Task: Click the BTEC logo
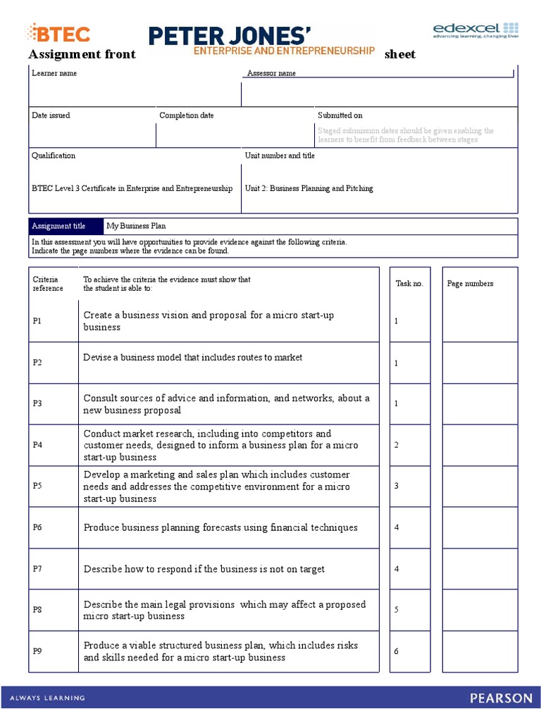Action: pyautogui.click(x=58, y=32)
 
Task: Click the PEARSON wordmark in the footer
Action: pyautogui.click(x=502, y=698)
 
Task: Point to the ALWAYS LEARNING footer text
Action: pyautogui.click(x=47, y=698)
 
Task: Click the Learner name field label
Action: pyautogui.click(x=54, y=73)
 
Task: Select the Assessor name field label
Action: pyautogui.click(x=271, y=74)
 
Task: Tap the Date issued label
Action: pyautogui.click(x=51, y=115)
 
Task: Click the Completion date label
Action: pyautogui.click(x=186, y=115)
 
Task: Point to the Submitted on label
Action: pyautogui.click(x=340, y=115)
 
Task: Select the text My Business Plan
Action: pyautogui.click(x=136, y=226)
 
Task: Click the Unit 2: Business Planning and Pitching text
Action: pyautogui.click(x=309, y=189)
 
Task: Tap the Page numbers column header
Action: pyautogui.click(x=470, y=284)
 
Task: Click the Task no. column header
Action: pyautogui.click(x=409, y=284)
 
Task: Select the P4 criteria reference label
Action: pyautogui.click(x=37, y=445)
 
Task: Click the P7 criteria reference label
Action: pyautogui.click(x=37, y=569)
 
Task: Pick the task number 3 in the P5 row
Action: pyautogui.click(x=397, y=486)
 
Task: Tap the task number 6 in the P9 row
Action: pyautogui.click(x=397, y=651)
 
